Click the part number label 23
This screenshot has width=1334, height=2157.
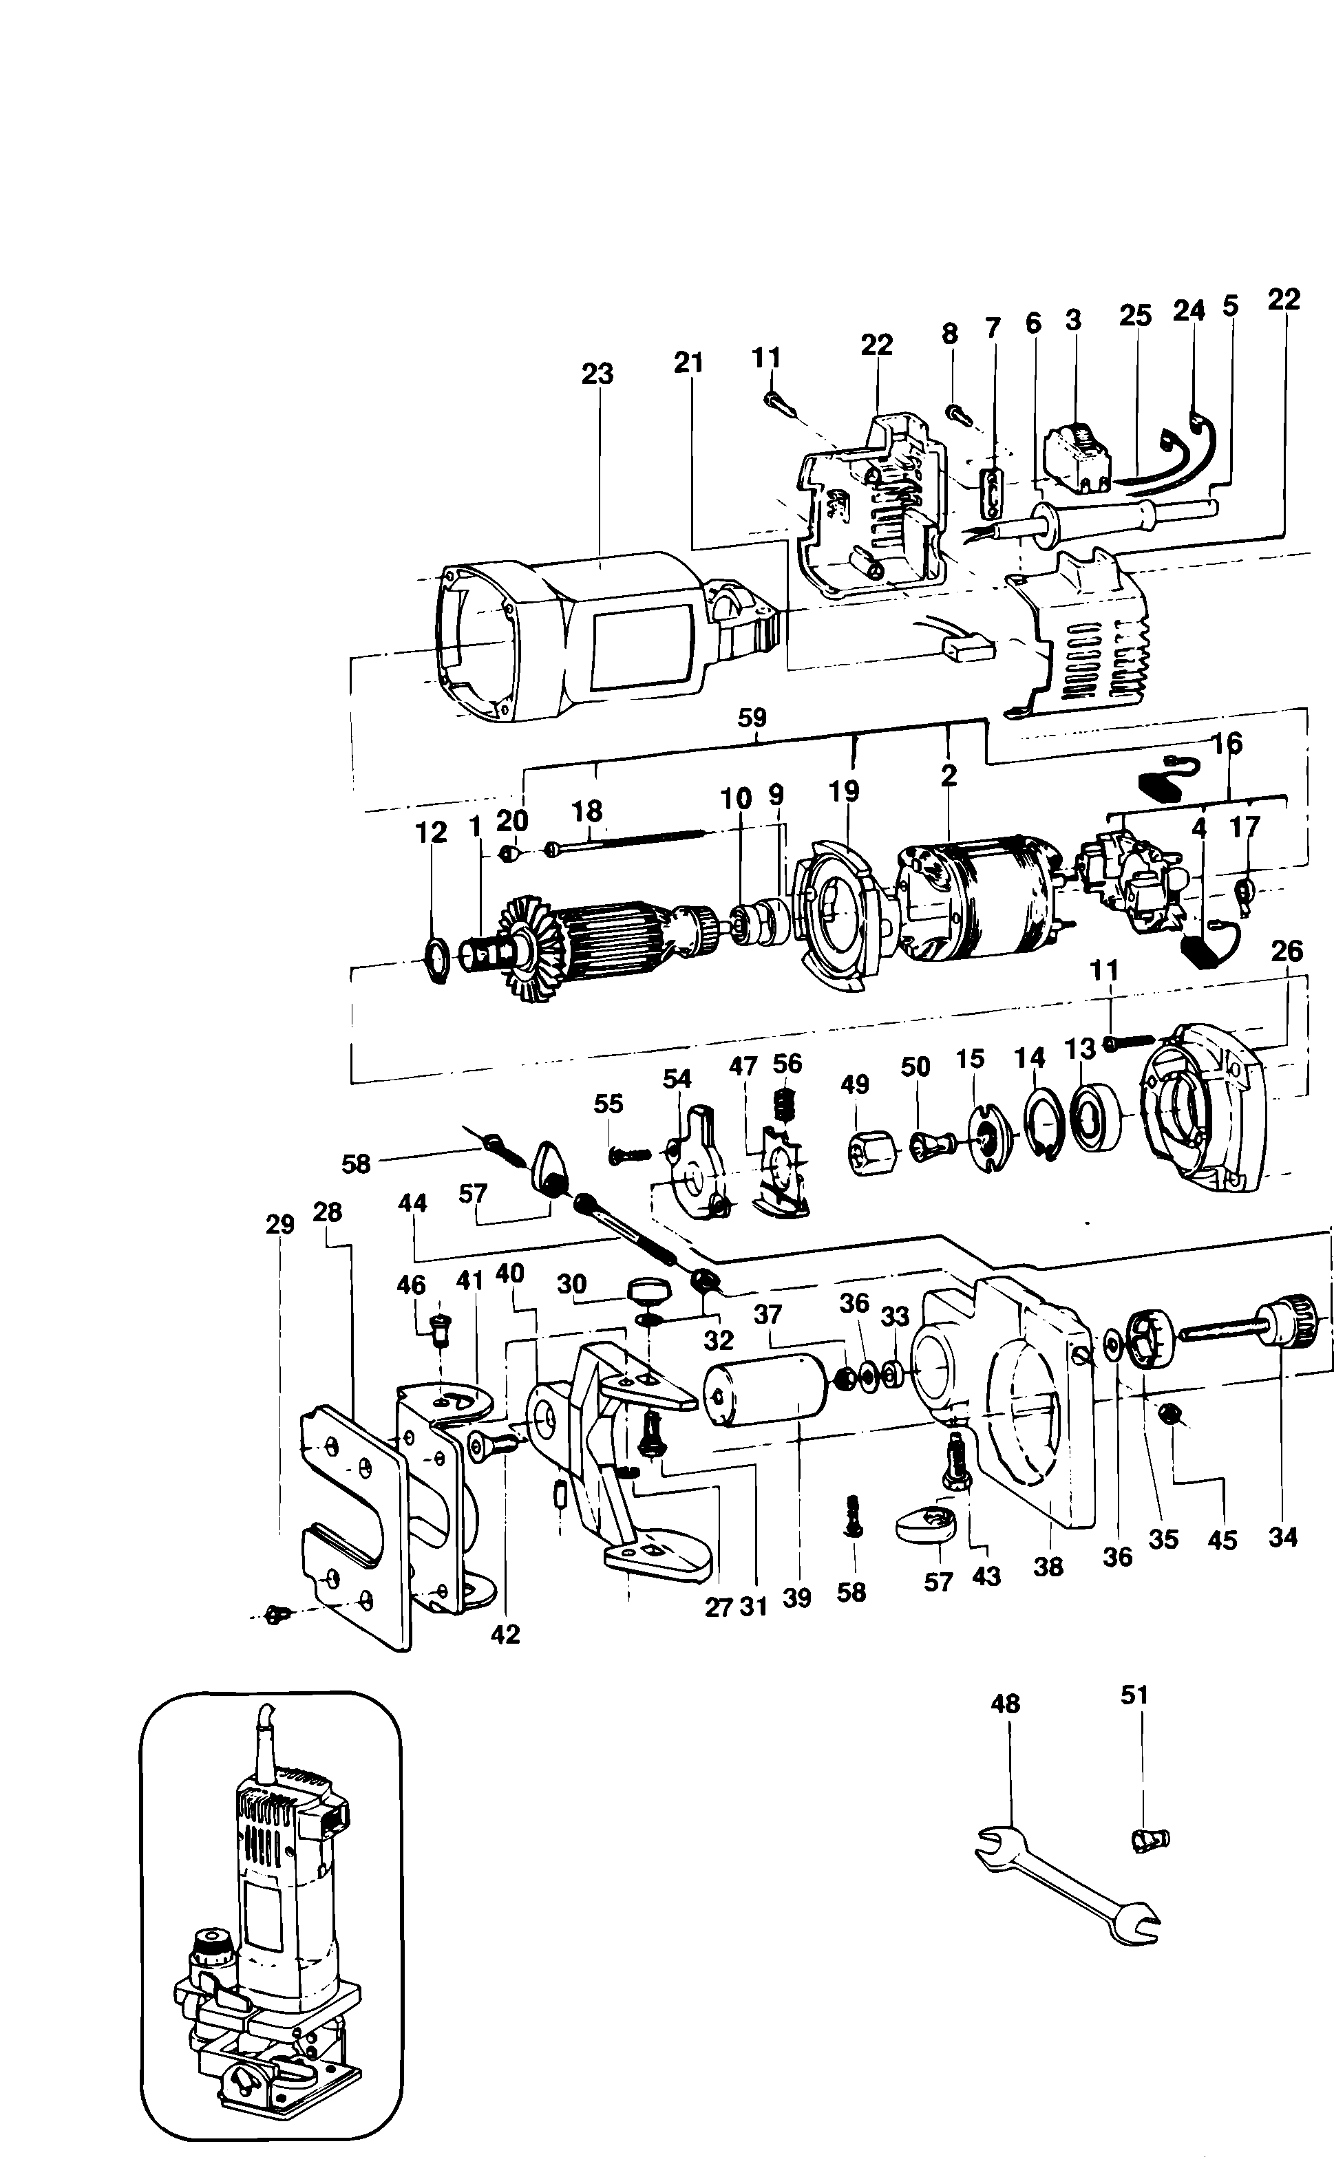(597, 374)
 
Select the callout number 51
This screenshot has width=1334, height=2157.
(1134, 1694)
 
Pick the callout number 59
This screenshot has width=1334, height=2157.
(752, 717)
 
